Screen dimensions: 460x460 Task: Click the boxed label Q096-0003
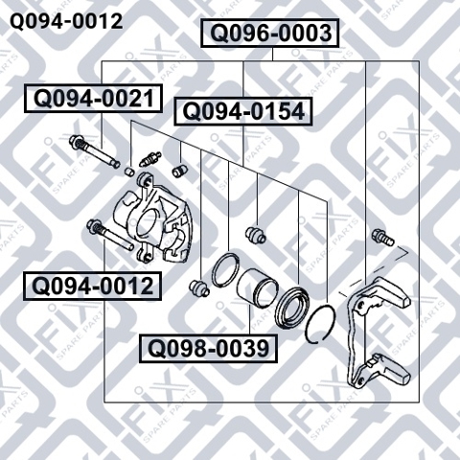pos(269,34)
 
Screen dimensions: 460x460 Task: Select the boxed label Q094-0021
pos(93,99)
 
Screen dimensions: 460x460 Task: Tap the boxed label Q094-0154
pos(243,112)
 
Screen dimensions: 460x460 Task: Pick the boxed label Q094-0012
pos(92,287)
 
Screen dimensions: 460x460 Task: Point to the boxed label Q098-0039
pos(208,349)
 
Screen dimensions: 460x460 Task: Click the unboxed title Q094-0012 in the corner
pos(66,22)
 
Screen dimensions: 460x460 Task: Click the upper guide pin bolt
pos(95,151)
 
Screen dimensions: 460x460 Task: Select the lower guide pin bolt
pos(110,235)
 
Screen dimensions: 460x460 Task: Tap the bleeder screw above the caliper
pos(150,159)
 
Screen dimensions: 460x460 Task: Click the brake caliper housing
pos(152,218)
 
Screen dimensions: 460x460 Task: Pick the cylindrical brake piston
pos(258,287)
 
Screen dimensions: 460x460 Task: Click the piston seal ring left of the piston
pos(226,270)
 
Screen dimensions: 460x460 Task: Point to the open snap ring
pos(320,323)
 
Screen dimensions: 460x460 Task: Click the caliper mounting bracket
pos(377,333)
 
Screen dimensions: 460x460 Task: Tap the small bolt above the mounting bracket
pos(383,238)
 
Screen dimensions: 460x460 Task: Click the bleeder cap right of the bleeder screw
pos(179,171)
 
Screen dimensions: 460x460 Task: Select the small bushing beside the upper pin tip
pos(128,171)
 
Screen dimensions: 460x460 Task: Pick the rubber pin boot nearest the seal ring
pos(199,287)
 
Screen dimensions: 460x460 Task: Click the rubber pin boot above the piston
pos(256,235)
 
